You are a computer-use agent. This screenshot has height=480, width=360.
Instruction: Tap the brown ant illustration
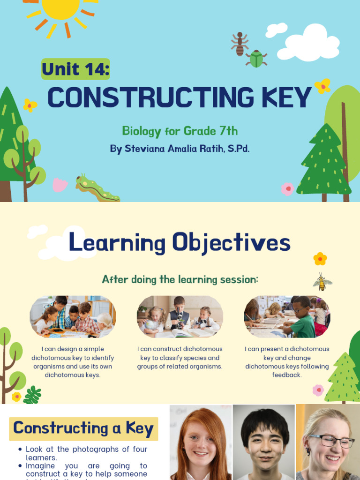(240, 44)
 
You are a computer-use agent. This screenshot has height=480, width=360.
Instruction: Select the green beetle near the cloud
(256, 59)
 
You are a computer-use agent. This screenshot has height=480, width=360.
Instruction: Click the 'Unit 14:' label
(75, 69)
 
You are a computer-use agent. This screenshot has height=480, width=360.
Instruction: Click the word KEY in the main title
(285, 97)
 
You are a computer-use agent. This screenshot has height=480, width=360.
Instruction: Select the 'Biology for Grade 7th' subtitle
(183, 130)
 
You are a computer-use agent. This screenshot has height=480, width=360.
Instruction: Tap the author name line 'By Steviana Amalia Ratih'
(180, 149)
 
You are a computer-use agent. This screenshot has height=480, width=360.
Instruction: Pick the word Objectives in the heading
(231, 243)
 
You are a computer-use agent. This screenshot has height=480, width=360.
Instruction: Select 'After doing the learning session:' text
(180, 279)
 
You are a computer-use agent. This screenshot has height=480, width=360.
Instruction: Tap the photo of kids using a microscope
(180, 316)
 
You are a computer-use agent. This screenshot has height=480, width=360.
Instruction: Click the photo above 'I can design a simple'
(73, 316)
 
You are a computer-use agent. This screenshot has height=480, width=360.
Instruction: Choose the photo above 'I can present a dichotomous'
(287, 316)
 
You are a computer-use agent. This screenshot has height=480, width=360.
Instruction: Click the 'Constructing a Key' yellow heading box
(83, 428)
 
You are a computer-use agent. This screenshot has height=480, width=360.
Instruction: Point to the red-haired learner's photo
(200, 443)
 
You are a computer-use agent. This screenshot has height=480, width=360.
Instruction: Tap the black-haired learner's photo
(264, 443)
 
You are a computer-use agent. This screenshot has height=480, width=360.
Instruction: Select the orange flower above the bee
(320, 258)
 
